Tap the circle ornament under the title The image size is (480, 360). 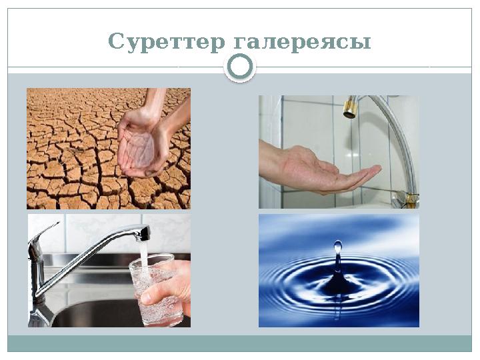[240, 67]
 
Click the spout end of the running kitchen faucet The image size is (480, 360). [144, 233]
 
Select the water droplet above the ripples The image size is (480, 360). [338, 247]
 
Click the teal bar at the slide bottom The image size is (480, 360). [240, 343]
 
